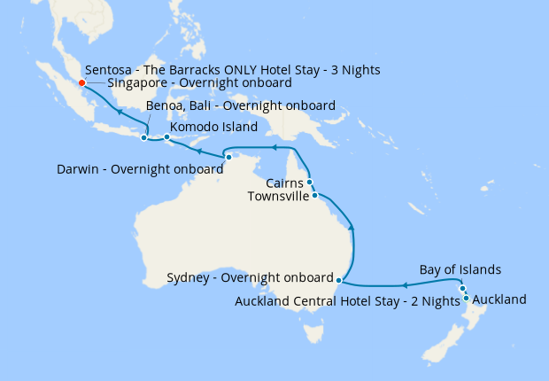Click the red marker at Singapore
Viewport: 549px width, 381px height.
(x=81, y=83)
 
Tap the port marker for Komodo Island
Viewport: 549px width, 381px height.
(x=166, y=136)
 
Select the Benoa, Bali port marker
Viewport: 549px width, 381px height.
(x=143, y=137)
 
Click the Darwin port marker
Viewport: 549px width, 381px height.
(x=228, y=157)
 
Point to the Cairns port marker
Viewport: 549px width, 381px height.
(x=309, y=182)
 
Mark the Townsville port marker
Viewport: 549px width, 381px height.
(x=315, y=195)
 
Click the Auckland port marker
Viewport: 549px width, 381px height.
(x=466, y=299)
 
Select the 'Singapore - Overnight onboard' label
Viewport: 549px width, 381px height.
(x=199, y=83)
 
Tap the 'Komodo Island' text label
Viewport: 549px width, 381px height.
(x=213, y=127)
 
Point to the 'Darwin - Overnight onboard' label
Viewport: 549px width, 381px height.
(x=139, y=168)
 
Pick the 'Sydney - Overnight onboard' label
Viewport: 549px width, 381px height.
(x=250, y=277)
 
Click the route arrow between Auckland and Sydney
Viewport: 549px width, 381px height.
(x=404, y=285)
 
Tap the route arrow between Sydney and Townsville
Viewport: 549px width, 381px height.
(x=353, y=229)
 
